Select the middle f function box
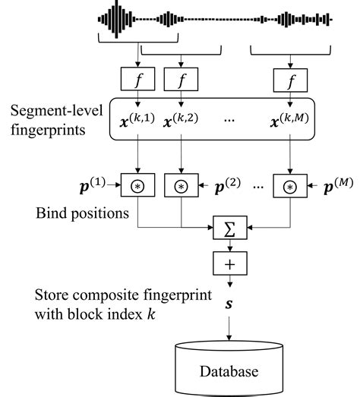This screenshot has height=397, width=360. [182, 77]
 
